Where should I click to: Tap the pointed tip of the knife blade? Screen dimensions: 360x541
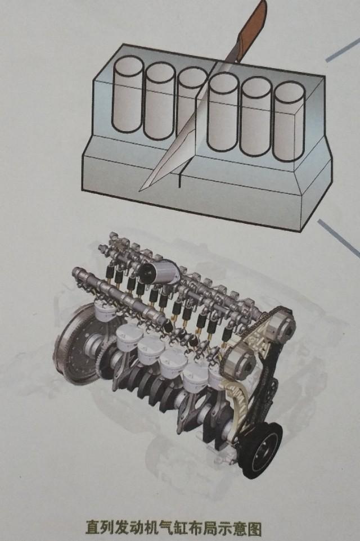point(140,190)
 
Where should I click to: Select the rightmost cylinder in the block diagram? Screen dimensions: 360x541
point(289,121)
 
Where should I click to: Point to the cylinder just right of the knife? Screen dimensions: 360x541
point(224,112)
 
